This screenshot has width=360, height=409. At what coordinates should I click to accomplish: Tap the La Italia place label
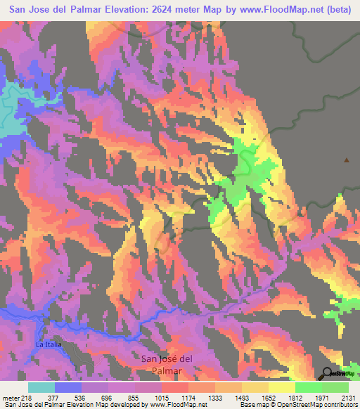tap(49, 345)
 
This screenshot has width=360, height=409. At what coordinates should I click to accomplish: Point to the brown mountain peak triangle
tap(346, 160)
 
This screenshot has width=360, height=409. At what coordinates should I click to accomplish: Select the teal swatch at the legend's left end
tap(41, 387)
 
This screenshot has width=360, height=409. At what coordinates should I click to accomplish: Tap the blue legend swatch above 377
tap(68, 387)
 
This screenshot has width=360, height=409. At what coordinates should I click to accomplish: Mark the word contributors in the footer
tap(342, 405)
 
